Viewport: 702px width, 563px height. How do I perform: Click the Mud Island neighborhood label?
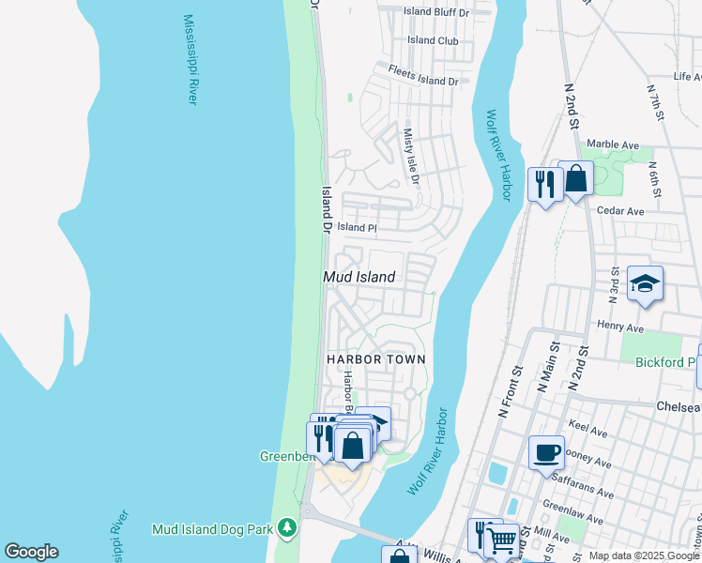point(359,277)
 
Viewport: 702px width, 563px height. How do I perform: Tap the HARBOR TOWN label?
point(375,359)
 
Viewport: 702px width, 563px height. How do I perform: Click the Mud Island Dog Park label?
point(212,530)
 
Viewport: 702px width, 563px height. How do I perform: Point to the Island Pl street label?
point(357,227)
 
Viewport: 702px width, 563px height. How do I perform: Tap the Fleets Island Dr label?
point(424,82)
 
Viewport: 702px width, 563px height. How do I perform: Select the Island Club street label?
point(434,40)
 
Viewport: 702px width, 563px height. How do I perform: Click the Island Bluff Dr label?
point(435,11)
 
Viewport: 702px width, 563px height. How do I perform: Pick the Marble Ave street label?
point(613,145)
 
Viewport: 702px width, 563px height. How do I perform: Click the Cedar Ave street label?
point(620,211)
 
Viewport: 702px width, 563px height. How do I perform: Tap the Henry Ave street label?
point(620,328)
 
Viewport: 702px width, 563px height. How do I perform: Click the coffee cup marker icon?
point(546,453)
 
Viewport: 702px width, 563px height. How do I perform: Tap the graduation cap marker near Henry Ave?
point(646,283)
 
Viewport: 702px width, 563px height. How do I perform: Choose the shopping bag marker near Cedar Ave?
point(575,178)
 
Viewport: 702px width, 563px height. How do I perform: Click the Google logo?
point(31,552)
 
